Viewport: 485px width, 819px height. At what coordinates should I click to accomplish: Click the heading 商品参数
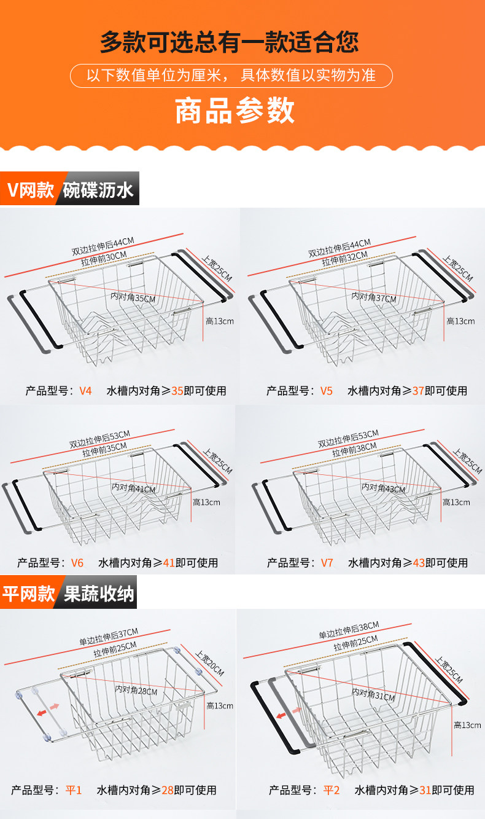[235, 111]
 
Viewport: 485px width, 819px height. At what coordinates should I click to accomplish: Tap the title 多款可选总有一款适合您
[230, 42]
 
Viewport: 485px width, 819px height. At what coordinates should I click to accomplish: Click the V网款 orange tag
[31, 190]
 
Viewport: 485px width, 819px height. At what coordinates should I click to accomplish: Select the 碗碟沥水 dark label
[98, 190]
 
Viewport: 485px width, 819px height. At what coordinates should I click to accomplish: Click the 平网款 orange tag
[28, 594]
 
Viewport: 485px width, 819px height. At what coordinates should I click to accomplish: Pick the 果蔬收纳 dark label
[95, 594]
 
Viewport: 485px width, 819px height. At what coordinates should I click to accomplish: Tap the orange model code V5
[326, 391]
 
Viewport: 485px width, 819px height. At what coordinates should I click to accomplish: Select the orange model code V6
[77, 563]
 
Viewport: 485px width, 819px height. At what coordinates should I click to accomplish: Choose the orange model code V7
[327, 563]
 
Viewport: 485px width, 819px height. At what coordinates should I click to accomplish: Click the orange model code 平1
[74, 790]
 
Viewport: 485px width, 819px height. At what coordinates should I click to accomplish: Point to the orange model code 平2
[332, 790]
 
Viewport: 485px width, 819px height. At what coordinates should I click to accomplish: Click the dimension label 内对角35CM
[133, 297]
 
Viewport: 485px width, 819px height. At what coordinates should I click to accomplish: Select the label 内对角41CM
[133, 488]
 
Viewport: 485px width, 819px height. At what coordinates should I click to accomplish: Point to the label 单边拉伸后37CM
[108, 637]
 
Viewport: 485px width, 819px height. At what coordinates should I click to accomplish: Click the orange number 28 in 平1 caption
[167, 790]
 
